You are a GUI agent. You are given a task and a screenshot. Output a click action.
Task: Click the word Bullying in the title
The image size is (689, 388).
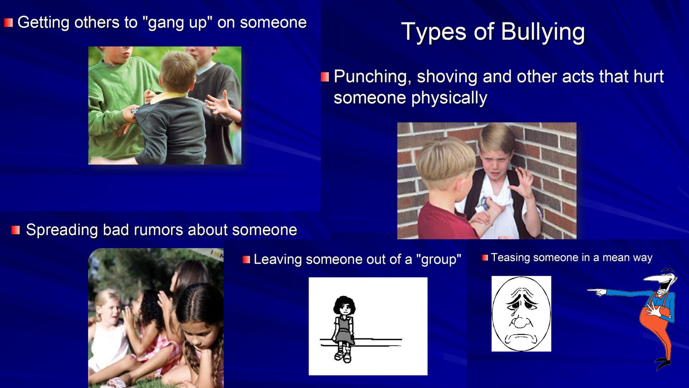[543, 32]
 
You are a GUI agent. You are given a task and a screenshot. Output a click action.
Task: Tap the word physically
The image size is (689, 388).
[449, 98]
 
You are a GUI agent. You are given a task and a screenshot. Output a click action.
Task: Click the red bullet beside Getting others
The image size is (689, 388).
[9, 23]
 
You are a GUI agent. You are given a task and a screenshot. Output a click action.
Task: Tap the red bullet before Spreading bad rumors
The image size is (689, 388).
[15, 230]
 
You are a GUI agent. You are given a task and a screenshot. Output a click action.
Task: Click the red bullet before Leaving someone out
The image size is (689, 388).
[246, 259]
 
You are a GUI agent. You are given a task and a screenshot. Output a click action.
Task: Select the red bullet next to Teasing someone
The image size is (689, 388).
[485, 258]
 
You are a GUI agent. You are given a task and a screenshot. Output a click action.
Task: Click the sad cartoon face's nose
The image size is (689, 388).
[520, 322]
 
